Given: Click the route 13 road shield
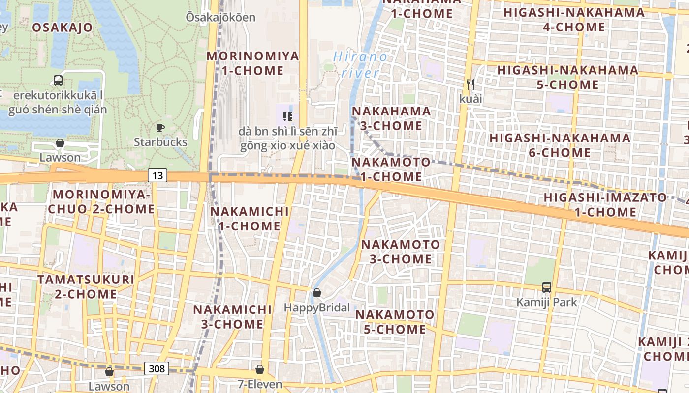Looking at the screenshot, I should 157,175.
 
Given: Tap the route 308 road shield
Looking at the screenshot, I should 157,368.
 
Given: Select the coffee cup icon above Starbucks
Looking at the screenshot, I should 160,128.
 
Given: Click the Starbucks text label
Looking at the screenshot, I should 160,142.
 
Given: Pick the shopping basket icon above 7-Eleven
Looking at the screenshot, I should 260,369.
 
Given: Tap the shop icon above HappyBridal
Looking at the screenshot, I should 317,293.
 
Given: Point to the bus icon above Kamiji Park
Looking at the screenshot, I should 546,287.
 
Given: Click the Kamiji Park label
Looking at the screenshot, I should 546,302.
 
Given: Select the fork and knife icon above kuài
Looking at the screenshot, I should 470,84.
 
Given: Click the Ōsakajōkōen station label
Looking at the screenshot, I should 220,18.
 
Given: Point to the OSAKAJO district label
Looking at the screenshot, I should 62,28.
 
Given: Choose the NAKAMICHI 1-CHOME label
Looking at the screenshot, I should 250,219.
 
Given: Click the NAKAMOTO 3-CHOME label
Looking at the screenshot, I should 401,252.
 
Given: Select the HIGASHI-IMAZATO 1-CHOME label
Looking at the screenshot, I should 605,205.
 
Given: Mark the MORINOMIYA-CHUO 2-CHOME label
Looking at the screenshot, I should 101,201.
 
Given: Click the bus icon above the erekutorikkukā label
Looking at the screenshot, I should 58,81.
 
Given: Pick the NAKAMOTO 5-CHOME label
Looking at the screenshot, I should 395,322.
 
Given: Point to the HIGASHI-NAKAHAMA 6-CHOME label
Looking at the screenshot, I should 560,145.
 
